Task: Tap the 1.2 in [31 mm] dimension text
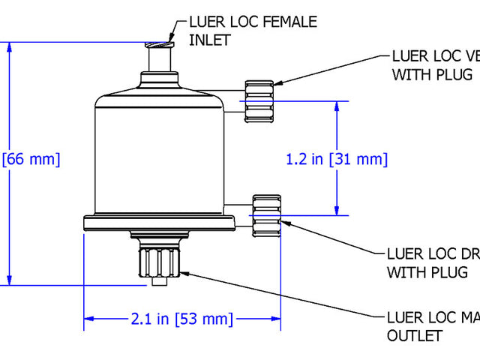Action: (337, 159)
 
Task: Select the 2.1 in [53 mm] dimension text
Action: (181, 319)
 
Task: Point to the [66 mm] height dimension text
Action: (31, 160)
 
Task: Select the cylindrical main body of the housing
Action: (160, 157)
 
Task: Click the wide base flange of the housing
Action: (160, 221)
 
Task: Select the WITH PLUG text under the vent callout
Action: (431, 74)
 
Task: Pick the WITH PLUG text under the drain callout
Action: (428, 272)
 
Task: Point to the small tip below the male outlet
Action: (157, 282)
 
